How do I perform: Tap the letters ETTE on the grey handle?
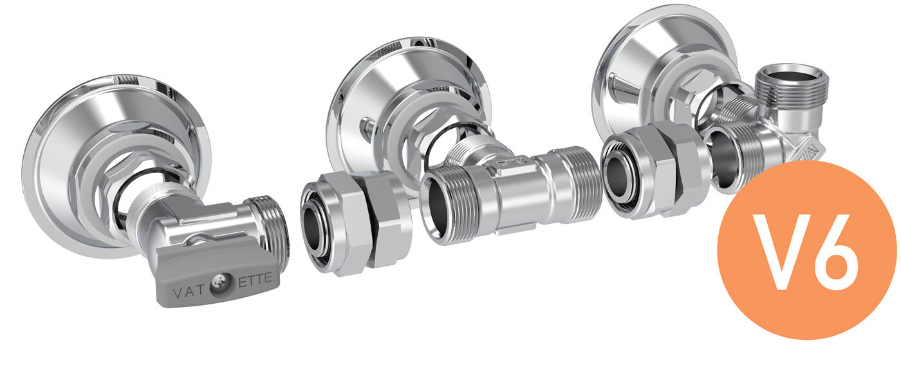255,280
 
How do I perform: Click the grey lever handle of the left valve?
218,274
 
